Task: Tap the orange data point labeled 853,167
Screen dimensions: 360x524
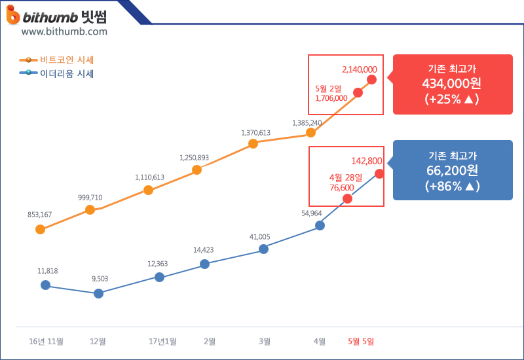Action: click(x=40, y=229)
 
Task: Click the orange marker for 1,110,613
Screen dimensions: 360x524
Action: click(x=148, y=190)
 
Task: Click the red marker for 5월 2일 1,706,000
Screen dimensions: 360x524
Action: click(x=358, y=92)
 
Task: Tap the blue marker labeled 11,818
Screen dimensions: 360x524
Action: click(x=45, y=285)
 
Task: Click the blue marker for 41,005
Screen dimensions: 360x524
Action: click(x=263, y=249)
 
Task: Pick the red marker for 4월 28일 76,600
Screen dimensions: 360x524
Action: click(x=347, y=198)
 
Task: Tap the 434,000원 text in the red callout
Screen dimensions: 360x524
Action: click(x=453, y=84)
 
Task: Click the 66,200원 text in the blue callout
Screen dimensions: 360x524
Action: click(x=453, y=171)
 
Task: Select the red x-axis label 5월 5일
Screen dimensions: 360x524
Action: click(x=360, y=342)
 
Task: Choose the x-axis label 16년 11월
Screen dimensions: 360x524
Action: click(x=46, y=342)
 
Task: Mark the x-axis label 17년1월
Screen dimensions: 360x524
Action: click(x=162, y=342)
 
